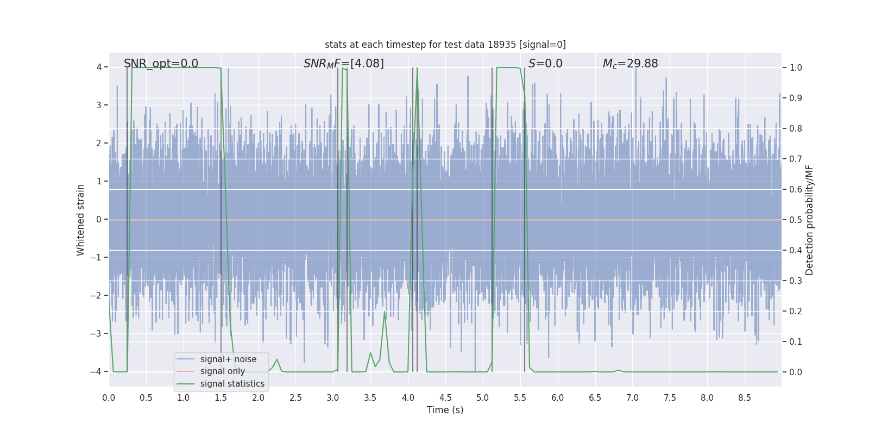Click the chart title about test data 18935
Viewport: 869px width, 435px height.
pos(445,45)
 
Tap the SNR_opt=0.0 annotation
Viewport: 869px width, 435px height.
pos(161,64)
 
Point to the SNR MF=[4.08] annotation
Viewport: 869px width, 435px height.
pos(343,64)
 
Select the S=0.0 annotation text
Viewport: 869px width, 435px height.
pos(545,64)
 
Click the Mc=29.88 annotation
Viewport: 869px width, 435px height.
pos(630,64)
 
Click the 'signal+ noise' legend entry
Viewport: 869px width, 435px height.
pos(228,359)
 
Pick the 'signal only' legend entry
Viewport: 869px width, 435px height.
pos(222,371)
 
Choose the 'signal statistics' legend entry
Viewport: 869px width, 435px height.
pos(232,384)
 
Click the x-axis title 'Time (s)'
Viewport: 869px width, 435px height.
pos(445,410)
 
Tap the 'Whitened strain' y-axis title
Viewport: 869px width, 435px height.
pos(81,220)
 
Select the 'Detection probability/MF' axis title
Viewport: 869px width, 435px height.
pos(809,220)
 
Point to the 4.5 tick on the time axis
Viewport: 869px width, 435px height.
pos(445,397)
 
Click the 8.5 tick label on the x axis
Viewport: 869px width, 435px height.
pos(745,397)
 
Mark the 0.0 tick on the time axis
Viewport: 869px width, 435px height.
pos(109,397)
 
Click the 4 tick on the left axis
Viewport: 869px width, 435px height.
pos(99,67)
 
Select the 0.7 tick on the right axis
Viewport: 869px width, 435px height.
pos(796,159)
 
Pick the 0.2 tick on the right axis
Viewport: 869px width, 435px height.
pos(796,311)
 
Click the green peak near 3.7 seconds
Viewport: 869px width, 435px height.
pos(385,312)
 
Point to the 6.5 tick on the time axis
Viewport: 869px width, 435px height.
pos(595,397)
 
